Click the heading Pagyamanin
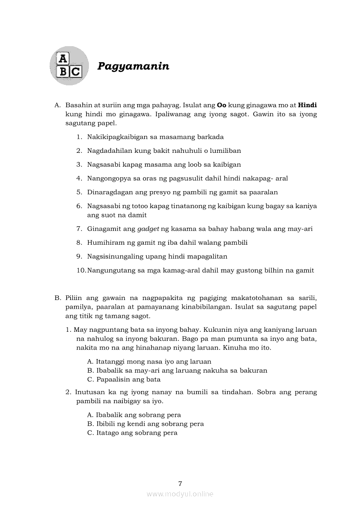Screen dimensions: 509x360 [133, 66]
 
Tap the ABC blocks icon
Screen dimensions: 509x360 [69, 66]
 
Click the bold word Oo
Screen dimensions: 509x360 [221, 105]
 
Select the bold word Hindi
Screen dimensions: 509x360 [307, 105]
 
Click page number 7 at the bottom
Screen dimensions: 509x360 [180, 483]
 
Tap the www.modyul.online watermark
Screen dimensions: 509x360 [180, 494]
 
